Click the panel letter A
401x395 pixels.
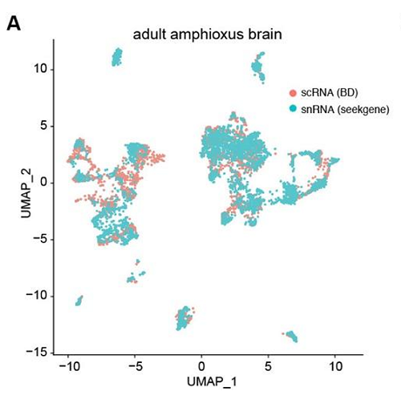tap(14, 25)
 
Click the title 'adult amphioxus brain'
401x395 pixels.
tap(208, 34)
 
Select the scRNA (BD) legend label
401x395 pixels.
tap(330, 93)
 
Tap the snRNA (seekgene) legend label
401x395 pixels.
tap(345, 109)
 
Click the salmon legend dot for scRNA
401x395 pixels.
tap(294, 93)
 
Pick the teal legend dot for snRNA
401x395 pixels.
tap(294, 109)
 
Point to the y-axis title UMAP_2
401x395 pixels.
tap(26, 193)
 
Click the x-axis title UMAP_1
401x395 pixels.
tap(212, 381)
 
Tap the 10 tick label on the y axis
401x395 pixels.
tap(40, 69)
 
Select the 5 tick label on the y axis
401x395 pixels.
tap(43, 126)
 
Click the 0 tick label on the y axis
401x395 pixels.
tap(43, 183)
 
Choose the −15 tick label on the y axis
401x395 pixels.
tap(36, 353)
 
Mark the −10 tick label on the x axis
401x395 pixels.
tap(69, 366)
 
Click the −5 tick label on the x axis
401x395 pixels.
tap(135, 366)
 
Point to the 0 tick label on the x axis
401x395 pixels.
tap(201, 366)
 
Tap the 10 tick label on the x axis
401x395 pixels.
tap(335, 366)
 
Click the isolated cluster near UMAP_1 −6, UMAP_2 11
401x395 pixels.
tap(117, 57)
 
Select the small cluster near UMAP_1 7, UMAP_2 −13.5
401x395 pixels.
tap(291, 336)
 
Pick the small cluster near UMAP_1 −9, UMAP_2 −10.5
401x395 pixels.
tap(79, 300)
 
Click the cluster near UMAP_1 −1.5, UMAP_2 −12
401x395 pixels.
tap(184, 318)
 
